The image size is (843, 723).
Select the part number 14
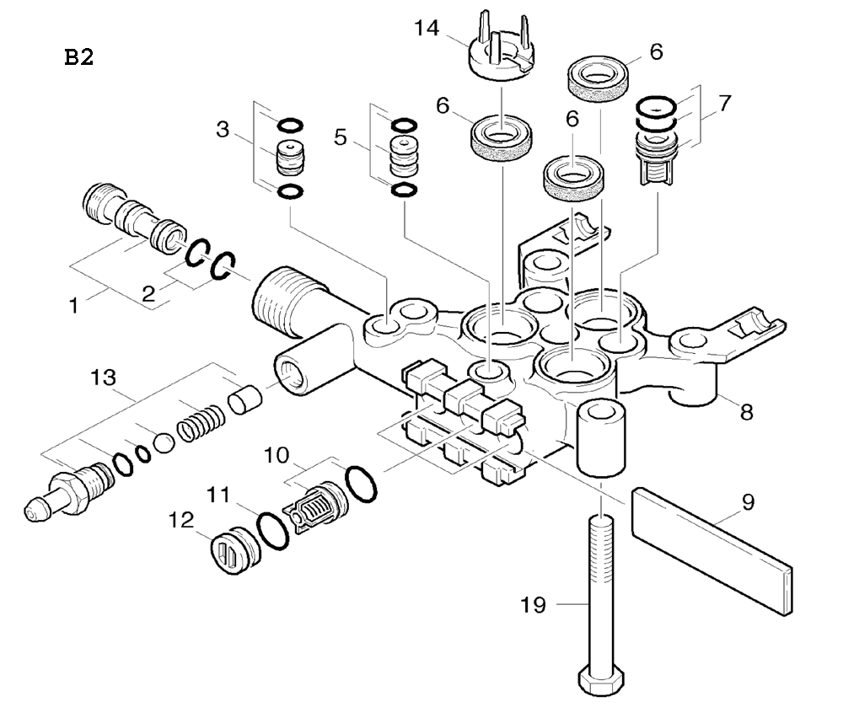point(428,29)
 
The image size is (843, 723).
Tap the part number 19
point(534,604)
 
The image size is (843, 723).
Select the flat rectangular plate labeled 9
point(711,543)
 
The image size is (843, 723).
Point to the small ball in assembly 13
point(164,440)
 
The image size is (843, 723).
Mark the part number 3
point(223,130)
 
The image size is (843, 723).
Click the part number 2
point(148,293)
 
